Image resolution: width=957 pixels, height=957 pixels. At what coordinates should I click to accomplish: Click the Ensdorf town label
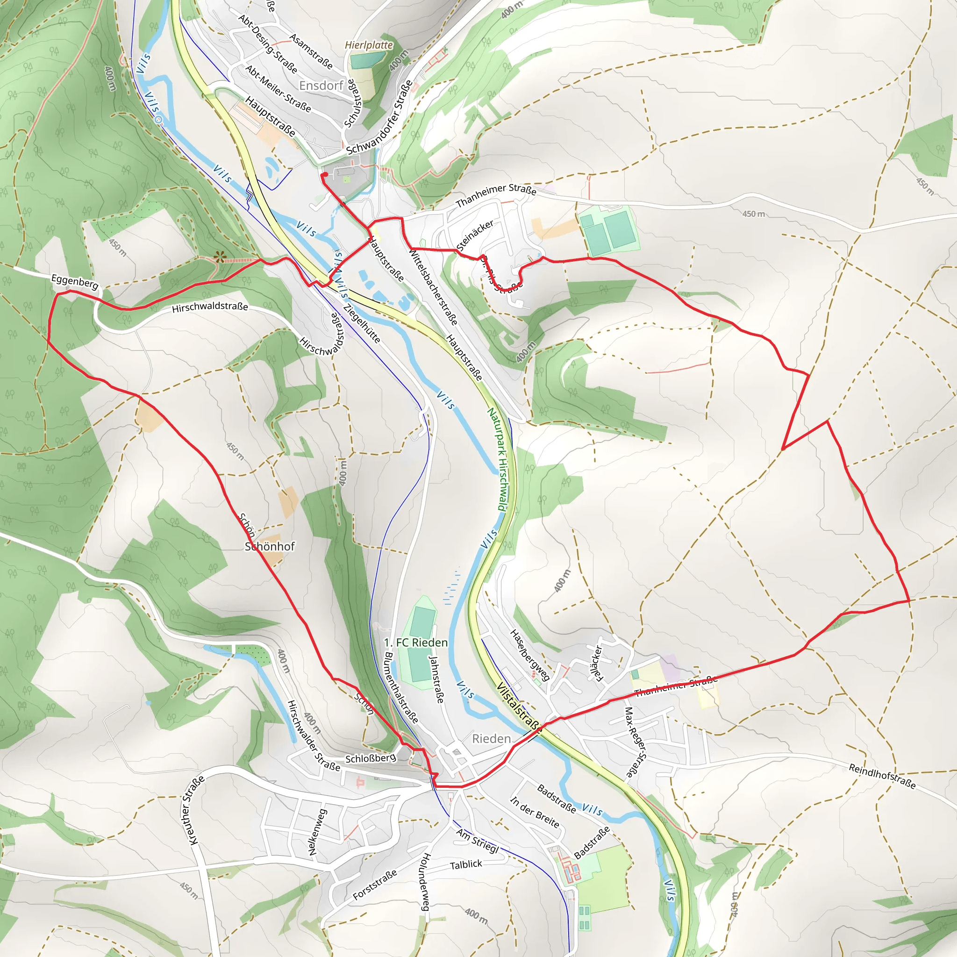click(321, 86)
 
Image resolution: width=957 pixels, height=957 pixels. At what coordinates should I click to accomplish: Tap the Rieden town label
click(491, 739)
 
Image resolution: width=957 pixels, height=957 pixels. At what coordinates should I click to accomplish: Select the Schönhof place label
click(270, 546)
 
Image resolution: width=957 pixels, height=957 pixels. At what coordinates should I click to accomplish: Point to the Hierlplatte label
click(369, 45)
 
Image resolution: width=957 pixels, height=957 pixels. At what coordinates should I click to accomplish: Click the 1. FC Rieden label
click(415, 643)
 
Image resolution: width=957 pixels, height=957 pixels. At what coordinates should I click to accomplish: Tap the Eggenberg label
click(75, 281)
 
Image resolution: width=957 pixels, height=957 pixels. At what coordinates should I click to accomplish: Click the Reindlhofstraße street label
click(882, 776)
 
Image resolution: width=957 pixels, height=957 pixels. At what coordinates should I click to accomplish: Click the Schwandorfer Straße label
click(379, 117)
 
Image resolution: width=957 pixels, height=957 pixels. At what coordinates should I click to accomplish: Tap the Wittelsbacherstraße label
click(433, 287)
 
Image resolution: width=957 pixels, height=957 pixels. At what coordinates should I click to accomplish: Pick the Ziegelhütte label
click(362, 323)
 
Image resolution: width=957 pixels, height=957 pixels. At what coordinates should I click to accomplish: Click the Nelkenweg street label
click(317, 832)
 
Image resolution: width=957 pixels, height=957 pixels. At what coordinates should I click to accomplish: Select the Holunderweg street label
click(426, 882)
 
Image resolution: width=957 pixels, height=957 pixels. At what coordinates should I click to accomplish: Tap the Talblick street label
click(465, 865)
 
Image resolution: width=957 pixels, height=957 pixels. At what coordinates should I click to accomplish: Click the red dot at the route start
click(324, 175)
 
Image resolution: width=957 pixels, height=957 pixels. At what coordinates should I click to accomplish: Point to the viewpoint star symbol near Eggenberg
click(220, 257)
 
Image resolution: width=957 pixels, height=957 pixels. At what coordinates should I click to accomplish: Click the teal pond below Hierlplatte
click(366, 60)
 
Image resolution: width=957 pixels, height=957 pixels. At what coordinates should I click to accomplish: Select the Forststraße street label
click(374, 885)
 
